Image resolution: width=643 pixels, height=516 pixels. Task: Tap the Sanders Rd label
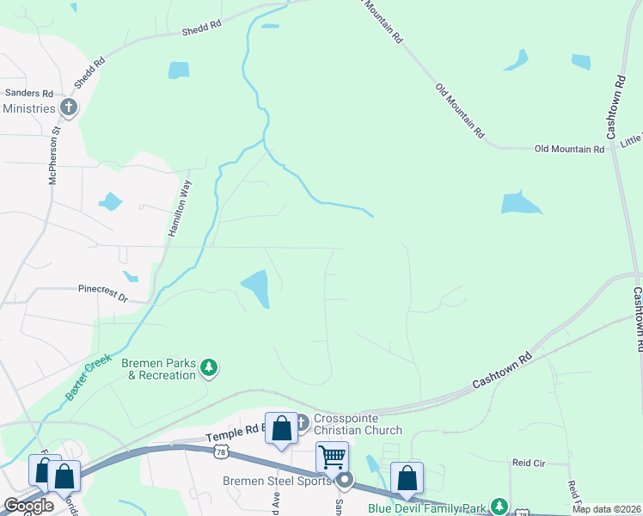coord(29,93)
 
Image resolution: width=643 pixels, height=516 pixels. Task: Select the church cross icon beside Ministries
coord(68,108)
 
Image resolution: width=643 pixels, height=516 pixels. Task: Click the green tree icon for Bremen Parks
coord(209,369)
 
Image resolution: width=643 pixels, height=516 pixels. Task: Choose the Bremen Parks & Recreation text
coord(158,369)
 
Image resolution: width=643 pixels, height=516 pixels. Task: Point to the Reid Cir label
coord(529,463)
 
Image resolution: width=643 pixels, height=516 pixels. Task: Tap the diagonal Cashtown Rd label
coord(502,372)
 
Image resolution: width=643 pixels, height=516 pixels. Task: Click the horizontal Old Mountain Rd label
coord(569,149)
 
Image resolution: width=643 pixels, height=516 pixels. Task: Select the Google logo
coord(28,507)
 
